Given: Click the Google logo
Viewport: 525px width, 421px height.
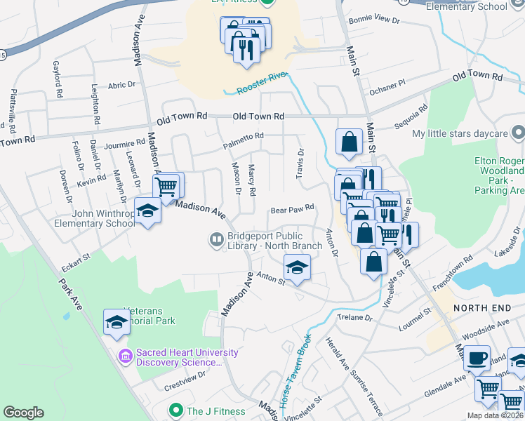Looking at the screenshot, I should (x=23, y=413).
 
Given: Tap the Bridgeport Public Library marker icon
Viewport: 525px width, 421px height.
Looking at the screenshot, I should (x=215, y=240).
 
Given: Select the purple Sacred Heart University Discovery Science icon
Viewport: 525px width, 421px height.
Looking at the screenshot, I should (x=126, y=356).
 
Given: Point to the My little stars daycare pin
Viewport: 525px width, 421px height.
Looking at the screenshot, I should (x=518, y=133).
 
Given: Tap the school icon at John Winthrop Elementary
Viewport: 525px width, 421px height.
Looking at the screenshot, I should (x=147, y=211).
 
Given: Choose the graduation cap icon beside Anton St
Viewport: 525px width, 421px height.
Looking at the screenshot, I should (x=297, y=267).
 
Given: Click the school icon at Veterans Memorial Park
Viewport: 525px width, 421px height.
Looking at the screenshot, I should (x=117, y=321).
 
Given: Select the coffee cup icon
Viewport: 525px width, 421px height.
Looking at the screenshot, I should (x=477, y=358).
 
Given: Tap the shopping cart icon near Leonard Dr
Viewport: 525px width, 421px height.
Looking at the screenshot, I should (x=166, y=187).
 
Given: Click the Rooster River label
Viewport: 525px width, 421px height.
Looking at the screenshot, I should (x=263, y=84).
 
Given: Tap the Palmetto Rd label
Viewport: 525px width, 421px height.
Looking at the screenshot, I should (x=243, y=140).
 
